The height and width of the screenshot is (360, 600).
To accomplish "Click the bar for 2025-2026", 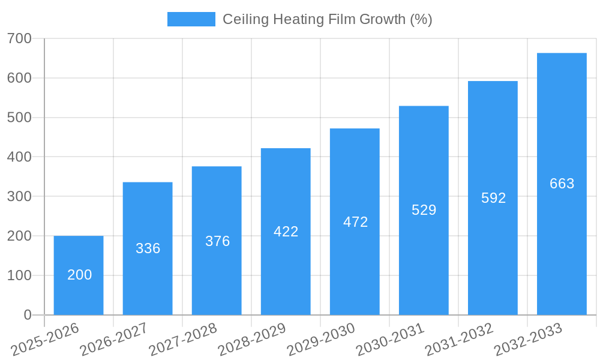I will pos(79,275).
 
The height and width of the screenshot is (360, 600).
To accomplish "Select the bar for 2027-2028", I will pos(217,241).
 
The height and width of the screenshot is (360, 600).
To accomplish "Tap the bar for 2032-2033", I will pos(562,184).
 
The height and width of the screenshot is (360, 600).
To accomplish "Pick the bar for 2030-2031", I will pos(424,210).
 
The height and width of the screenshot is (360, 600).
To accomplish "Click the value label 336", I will pos(148,248).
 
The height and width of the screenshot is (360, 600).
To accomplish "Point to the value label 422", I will pos(286,232).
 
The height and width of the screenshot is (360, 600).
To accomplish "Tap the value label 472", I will pos(355,222).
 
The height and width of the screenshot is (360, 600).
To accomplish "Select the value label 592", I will pos(493,198).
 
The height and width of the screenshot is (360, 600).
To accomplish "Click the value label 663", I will pos(562,184).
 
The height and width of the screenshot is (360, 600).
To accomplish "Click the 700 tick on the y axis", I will pos(19,38).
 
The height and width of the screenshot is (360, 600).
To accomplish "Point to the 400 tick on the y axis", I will pos(19,157).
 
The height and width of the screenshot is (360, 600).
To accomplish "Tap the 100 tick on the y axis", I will pos(19,275).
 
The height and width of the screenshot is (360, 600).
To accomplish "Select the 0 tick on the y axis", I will pos(28,315).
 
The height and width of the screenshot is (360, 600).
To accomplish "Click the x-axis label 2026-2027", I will pos(114,339).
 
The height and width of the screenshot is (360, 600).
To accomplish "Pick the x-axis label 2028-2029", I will pos(252,339).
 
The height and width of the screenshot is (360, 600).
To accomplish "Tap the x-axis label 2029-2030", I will pos(321,339).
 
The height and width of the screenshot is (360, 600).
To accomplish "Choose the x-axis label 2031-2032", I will pos(459,339).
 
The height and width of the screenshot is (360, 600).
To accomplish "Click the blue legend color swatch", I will pos(191,19).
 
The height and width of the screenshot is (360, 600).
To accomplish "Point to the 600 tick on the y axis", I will pos(19,78).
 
